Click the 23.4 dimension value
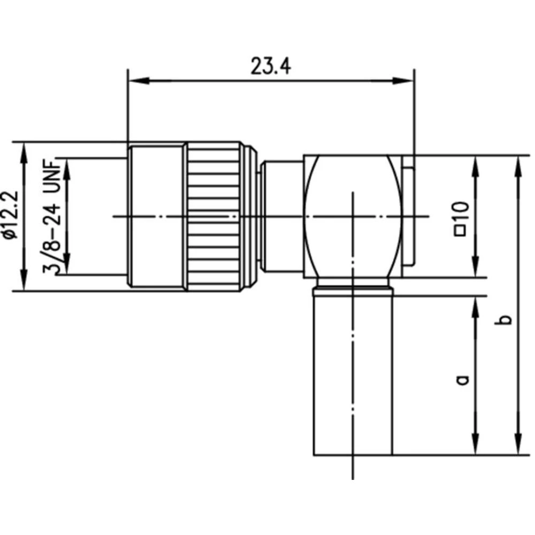click(270, 66)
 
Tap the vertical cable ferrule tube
click(353, 374)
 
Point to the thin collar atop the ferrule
click(353, 291)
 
